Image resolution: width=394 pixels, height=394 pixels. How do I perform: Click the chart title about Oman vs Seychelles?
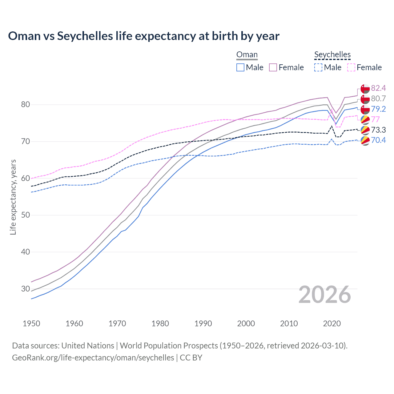point(144,36)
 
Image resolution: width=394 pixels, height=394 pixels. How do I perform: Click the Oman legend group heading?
point(247,55)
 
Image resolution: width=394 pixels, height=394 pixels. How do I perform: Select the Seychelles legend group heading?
point(332,55)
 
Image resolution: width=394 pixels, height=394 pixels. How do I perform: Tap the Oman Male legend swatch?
point(240,67)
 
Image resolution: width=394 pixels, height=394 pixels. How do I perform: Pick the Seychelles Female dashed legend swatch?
point(351,67)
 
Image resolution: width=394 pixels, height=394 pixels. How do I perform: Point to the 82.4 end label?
point(378,88)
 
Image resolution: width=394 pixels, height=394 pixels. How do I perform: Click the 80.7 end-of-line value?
point(378,98)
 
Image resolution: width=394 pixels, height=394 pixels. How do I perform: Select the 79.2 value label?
point(378,109)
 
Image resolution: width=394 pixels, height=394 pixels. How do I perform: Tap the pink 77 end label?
point(375,119)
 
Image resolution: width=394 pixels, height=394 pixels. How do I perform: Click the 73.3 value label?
point(378,130)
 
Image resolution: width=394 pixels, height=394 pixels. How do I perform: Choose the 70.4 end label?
point(378,140)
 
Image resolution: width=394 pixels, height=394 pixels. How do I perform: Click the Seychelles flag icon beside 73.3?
point(365,130)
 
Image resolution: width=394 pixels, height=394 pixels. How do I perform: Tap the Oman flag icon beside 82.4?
point(365,89)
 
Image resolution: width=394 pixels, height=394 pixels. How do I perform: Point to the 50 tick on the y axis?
point(26,215)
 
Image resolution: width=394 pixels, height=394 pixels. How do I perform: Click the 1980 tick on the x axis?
point(160,324)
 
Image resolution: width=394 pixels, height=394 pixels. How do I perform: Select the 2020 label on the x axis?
point(332,324)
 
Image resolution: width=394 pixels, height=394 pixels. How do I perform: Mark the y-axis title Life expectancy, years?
point(13,197)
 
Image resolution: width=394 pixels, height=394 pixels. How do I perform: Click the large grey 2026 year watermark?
point(325,295)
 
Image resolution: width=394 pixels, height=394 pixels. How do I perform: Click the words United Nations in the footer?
point(88,346)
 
